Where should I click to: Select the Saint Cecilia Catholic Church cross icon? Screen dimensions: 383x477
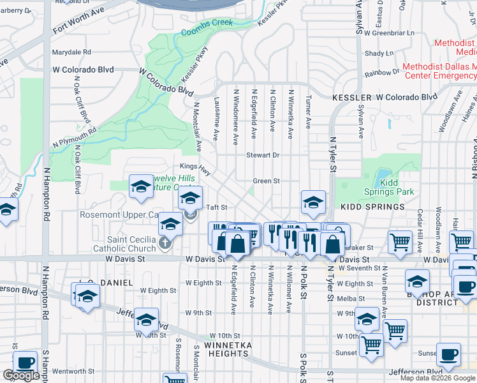(165, 243)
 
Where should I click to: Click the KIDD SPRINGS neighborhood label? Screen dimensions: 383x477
(372, 207)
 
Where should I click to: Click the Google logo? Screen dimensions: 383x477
(21, 375)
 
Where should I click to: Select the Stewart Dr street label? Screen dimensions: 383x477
(263, 155)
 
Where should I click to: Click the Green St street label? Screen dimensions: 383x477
(266, 181)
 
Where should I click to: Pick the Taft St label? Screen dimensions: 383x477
(217, 207)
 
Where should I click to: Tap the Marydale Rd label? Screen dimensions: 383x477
(71, 52)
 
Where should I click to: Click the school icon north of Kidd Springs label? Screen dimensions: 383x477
(312, 203)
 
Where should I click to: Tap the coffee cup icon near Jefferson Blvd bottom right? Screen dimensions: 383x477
(448, 354)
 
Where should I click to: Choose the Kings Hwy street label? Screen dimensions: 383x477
(194, 167)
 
